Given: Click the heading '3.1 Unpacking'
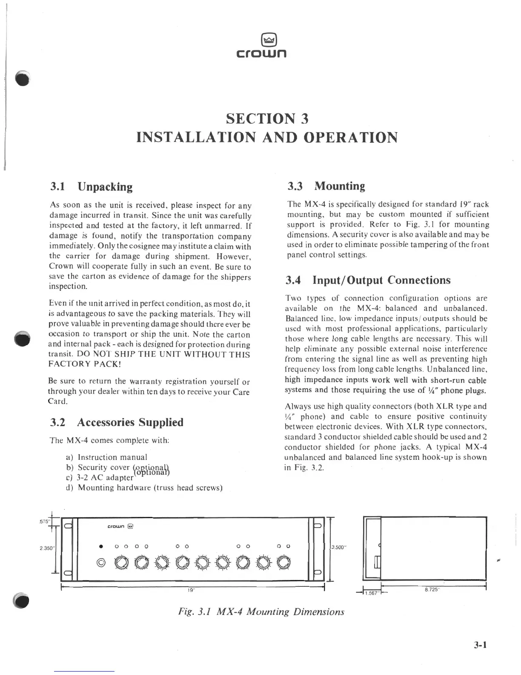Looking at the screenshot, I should (x=91, y=187).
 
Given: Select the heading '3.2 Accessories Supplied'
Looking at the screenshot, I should (x=117, y=422).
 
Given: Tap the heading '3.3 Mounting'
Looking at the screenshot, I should (x=326, y=186).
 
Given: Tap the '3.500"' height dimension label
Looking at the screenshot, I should (x=339, y=548).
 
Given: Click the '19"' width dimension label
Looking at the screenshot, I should (x=191, y=590).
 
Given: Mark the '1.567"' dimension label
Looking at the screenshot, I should (x=372, y=592).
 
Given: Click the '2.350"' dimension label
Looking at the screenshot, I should (x=46, y=548).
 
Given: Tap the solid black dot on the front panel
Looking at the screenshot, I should (x=101, y=546).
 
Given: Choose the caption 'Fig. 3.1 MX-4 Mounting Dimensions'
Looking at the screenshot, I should (x=260, y=612).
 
